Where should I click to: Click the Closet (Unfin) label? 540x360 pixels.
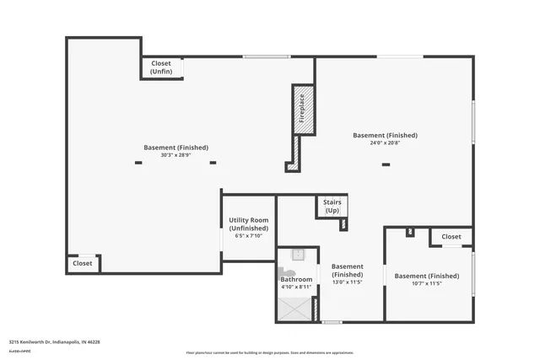(x=160, y=67)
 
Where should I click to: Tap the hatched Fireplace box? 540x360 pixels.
(x=303, y=108)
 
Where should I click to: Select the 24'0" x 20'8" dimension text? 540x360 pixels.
(x=385, y=143)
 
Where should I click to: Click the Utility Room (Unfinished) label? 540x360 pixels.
(x=249, y=224)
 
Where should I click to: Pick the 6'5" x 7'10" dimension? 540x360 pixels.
(x=249, y=235)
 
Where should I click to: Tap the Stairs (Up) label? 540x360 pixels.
(x=332, y=206)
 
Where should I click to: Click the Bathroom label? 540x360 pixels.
(x=296, y=279)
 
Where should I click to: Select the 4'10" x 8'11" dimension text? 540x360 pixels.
(x=296, y=287)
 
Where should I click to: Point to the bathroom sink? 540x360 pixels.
(x=297, y=255)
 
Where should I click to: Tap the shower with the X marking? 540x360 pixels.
(x=294, y=309)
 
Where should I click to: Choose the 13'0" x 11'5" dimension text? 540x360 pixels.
(x=347, y=282)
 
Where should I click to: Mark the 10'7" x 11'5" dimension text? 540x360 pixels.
(x=427, y=284)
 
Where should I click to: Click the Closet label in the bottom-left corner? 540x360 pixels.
(x=83, y=263)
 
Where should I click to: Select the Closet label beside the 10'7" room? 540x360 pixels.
(x=451, y=237)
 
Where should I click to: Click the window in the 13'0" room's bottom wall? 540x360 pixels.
(x=332, y=322)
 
